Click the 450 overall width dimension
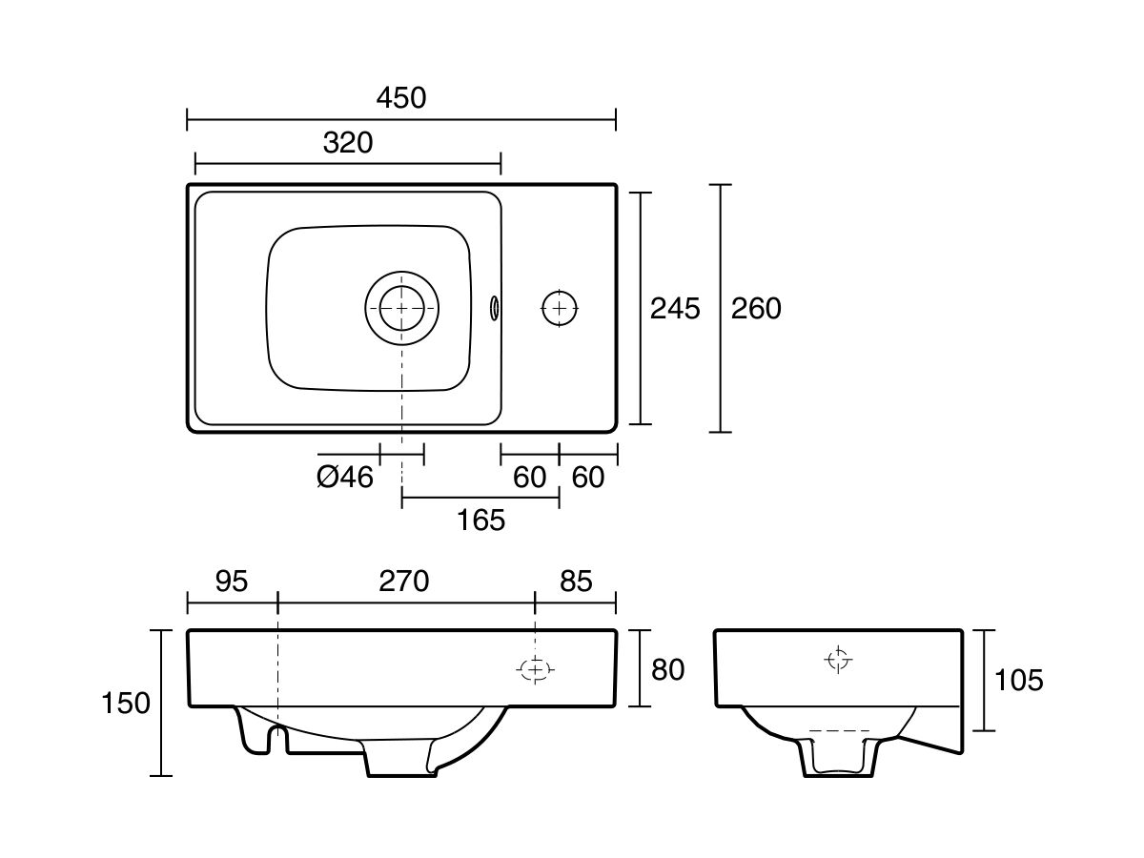pos(401,98)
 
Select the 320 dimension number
pos(348,143)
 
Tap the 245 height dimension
pos(675,308)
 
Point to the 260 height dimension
pos(756,308)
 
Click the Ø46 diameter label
pos(345,478)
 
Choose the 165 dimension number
pos(480,521)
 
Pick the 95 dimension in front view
pos(232,581)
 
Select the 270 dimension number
pos(404,581)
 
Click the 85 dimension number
pos(577,581)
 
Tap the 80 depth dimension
pos(667,670)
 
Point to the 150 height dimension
pos(126,704)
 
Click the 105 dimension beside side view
pos(1019,681)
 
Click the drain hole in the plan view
pos(402,308)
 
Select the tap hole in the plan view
pos(560,308)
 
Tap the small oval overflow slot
pos(494,308)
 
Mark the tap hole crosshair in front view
pos(535,669)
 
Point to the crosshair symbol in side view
pos(838,660)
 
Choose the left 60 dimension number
pos(529,478)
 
